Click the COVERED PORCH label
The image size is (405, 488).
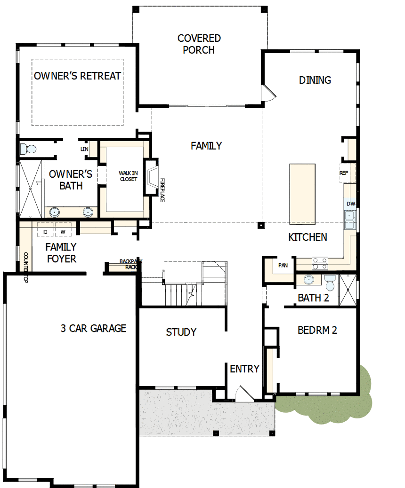click(x=199, y=44)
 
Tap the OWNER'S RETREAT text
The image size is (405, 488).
click(x=78, y=76)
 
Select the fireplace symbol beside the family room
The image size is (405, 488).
click(x=152, y=177)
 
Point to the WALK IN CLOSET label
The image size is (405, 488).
click(x=128, y=176)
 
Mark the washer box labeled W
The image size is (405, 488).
click(x=62, y=231)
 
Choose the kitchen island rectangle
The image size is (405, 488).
click(x=302, y=193)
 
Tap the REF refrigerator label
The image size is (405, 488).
click(x=344, y=173)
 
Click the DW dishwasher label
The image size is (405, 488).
click(x=350, y=204)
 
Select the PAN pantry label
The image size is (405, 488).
click(x=283, y=265)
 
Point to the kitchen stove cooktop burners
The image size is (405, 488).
click(x=320, y=263)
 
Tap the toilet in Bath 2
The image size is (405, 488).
click(x=330, y=283)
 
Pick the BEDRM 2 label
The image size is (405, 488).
click(x=317, y=330)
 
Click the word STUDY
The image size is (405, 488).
click(x=181, y=332)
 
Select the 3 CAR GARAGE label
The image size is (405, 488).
click(x=93, y=328)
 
